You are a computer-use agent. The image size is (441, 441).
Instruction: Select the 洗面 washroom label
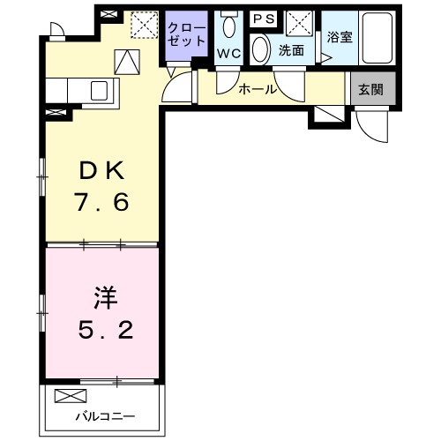pyautogui.click(x=291, y=51)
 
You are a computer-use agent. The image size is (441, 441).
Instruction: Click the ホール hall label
pyautogui.click(x=258, y=89)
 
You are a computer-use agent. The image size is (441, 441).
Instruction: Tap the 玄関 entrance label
pyautogui.click(x=370, y=89)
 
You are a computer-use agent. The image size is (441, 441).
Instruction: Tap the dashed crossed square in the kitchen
pyautogui.click(x=143, y=24)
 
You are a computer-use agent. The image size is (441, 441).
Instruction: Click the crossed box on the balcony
pyautogui.click(x=67, y=396)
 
